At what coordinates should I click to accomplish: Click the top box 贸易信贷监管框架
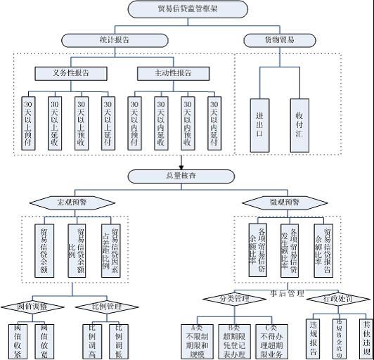pos(188,9)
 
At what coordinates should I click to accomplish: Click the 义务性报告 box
pos(71,72)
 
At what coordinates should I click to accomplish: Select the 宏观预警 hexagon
pos(72,202)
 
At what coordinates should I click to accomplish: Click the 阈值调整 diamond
pos(34,307)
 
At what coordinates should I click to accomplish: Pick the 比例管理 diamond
pos(105,307)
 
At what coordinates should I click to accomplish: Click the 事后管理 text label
pos(286,292)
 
